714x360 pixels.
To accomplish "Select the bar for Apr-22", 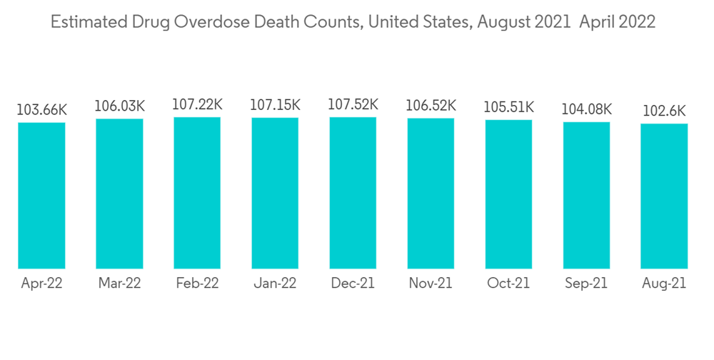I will pos(41,195).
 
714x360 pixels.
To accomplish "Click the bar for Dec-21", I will pos(353,193).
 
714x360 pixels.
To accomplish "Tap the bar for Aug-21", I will pos(664,196).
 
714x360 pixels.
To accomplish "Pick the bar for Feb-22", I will pos(197,193).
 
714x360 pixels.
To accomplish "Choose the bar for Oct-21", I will pos(508,194).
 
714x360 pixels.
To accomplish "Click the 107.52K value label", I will pos(353,105).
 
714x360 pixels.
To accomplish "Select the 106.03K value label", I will pos(119,106).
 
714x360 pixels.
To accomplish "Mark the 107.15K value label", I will pos(275,105).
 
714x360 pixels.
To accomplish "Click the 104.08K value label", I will pos(586,109).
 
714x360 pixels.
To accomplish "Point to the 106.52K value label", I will pos(431,106).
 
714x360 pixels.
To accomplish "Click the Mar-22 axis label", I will pos(119,284).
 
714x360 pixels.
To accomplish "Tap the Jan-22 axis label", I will pos(275,284).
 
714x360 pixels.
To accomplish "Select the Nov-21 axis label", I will pos(431,284).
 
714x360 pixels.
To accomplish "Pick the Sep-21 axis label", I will pos(586,284).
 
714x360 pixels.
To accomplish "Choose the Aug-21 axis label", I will pos(664,284).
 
